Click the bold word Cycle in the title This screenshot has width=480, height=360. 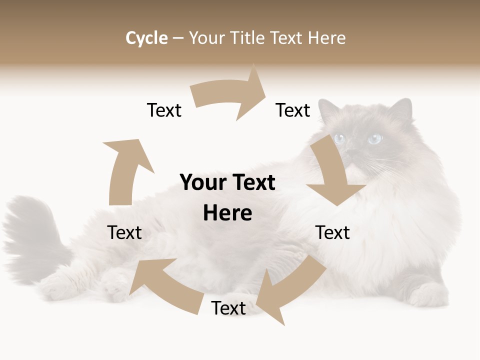(x=146, y=38)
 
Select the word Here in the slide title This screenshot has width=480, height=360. (x=327, y=38)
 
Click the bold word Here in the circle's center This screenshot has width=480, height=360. (x=227, y=213)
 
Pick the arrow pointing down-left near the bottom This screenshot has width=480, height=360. (x=290, y=290)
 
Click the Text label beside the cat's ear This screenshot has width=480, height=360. (x=293, y=110)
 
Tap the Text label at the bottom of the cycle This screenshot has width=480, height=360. (x=228, y=308)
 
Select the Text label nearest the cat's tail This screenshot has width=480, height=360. (x=124, y=232)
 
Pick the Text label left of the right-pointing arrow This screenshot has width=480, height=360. (x=164, y=110)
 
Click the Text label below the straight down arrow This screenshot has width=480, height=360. (x=332, y=232)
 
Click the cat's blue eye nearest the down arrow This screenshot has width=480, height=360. (x=340, y=139)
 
